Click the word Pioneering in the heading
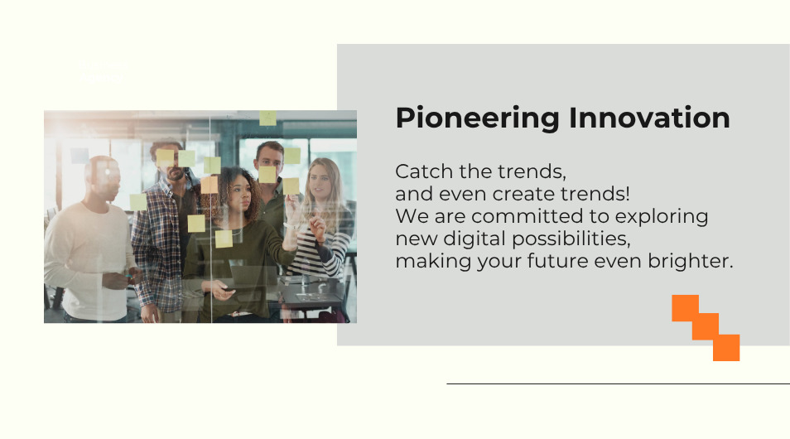click(x=478, y=119)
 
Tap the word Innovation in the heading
click(x=649, y=118)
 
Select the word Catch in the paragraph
click(x=424, y=171)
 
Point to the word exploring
click(x=662, y=217)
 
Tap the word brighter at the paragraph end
click(x=691, y=261)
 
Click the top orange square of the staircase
click(x=685, y=308)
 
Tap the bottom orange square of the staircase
click(x=726, y=347)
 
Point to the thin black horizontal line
click(x=619, y=384)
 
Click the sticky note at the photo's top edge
click(x=268, y=118)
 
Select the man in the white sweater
click(x=91, y=240)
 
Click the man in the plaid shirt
click(x=161, y=233)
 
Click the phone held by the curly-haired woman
click(x=229, y=289)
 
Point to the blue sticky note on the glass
click(x=79, y=156)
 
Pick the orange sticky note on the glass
click(x=209, y=185)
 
